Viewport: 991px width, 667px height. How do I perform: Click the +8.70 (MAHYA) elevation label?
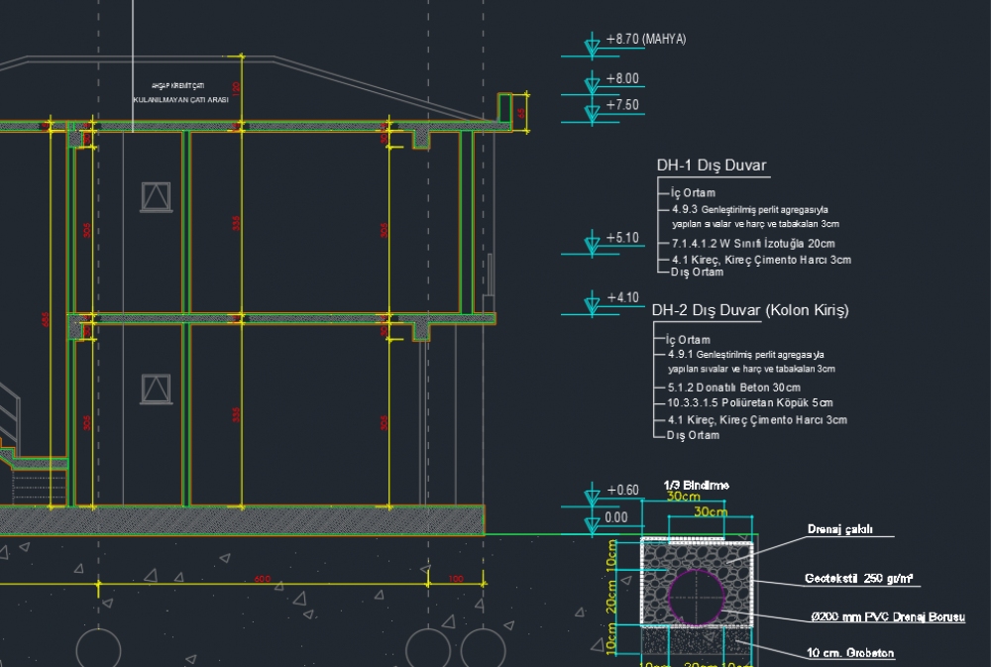(645, 40)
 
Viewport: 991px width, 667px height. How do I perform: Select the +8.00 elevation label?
(622, 78)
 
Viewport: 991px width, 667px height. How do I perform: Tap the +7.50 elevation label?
(622, 104)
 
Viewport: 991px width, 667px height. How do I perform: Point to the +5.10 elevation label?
(622, 238)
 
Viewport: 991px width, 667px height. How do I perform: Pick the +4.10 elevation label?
(622, 297)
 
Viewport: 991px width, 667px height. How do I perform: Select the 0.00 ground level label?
(616, 516)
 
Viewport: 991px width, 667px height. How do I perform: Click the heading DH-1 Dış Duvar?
(712, 166)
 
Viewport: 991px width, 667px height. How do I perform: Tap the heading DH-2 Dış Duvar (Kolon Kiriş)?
(750, 310)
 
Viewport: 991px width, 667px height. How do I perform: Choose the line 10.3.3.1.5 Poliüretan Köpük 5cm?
(750, 403)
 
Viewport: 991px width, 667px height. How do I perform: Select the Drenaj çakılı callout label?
(839, 530)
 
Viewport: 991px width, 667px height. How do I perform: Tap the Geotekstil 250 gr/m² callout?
(858, 578)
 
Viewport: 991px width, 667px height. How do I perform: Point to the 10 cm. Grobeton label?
(851, 654)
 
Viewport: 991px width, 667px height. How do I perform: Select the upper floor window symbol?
(156, 196)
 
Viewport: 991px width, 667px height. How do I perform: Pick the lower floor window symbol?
(156, 388)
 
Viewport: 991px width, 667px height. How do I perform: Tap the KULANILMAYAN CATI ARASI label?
(180, 100)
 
